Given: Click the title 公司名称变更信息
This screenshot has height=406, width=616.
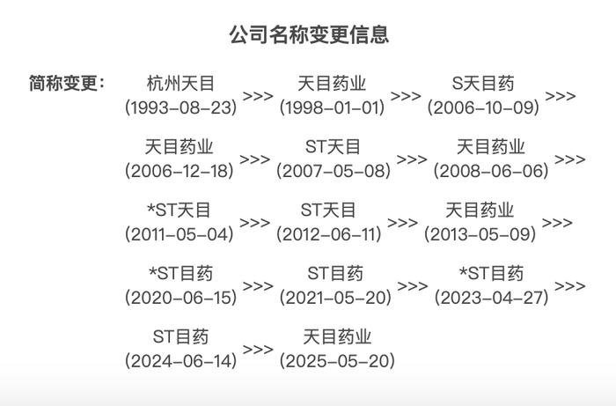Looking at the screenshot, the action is click(309, 34).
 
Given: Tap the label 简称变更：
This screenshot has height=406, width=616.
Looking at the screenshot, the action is click(67, 83).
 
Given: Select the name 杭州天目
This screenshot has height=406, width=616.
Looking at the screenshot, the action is click(180, 84).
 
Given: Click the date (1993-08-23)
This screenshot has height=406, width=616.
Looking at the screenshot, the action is click(180, 107).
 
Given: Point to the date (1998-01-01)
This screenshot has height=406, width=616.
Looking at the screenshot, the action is click(332, 107).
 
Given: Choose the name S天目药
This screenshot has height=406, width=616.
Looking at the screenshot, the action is click(483, 84).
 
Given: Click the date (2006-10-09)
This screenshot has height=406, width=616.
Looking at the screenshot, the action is click(483, 107).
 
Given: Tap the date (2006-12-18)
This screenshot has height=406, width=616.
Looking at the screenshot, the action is click(180, 171).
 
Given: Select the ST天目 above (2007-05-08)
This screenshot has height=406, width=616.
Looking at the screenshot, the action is click(333, 147).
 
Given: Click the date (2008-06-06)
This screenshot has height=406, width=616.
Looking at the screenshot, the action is click(491, 171).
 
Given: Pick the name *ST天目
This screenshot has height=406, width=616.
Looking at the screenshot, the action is click(180, 210).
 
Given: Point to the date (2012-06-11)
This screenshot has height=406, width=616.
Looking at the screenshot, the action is click(329, 234).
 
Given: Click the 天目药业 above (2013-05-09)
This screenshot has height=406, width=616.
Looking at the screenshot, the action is click(480, 210).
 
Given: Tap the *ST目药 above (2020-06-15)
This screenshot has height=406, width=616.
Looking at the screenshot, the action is click(181, 274).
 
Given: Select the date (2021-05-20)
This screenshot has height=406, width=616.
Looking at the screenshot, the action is click(335, 298).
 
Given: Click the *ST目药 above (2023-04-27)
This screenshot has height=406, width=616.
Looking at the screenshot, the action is click(491, 274).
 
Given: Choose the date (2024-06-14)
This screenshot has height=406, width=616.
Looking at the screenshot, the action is click(180, 361).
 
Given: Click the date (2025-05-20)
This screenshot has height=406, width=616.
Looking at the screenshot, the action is click(337, 361).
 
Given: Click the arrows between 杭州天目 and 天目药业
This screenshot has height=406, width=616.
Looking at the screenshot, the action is click(258, 96).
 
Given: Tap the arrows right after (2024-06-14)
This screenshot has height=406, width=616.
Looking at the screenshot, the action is click(258, 350).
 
